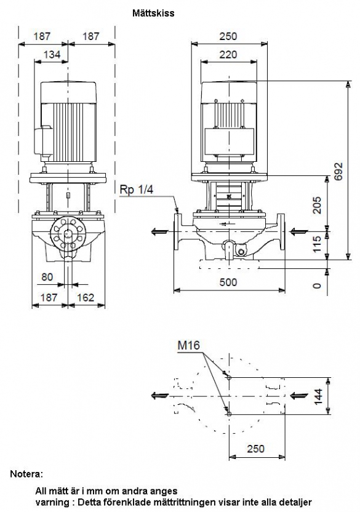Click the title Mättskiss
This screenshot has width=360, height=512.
coord(153,14)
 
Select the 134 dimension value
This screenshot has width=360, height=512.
coord(52,54)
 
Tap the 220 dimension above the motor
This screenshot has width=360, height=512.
coord(228,54)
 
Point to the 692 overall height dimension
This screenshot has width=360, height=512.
coord(338,171)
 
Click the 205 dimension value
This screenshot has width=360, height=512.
coord(317,205)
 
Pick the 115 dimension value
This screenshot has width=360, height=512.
coord(317,244)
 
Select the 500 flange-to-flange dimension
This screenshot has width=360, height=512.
coord(228,282)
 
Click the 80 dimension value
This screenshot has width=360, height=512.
coord(47,277)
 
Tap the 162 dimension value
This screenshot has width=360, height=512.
coord(86,297)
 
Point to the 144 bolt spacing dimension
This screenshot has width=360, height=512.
coord(318,396)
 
